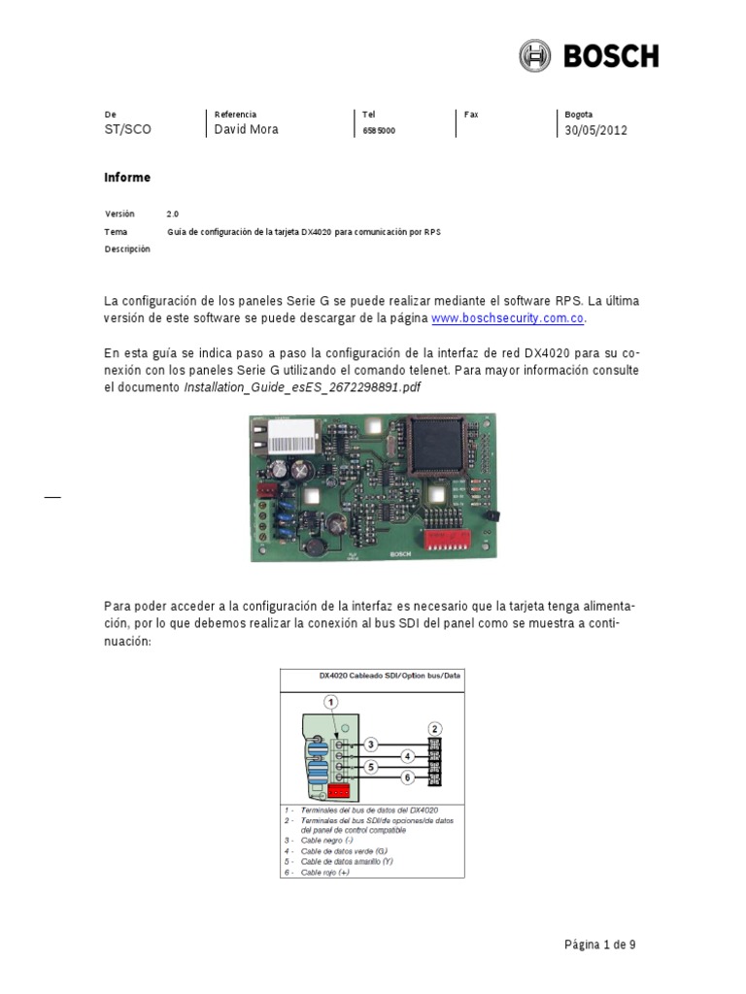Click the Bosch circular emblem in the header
click(x=535, y=55)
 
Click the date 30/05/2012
click(x=595, y=130)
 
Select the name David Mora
click(x=246, y=129)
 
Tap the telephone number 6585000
click(x=378, y=130)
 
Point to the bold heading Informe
click(x=127, y=178)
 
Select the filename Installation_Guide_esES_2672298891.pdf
click(x=303, y=387)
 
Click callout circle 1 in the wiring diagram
click(x=331, y=701)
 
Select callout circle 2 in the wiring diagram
click(x=435, y=728)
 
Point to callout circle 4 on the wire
click(x=408, y=754)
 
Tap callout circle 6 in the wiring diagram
click(x=408, y=779)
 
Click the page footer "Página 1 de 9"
click(x=599, y=944)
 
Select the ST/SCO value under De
click(x=127, y=130)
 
